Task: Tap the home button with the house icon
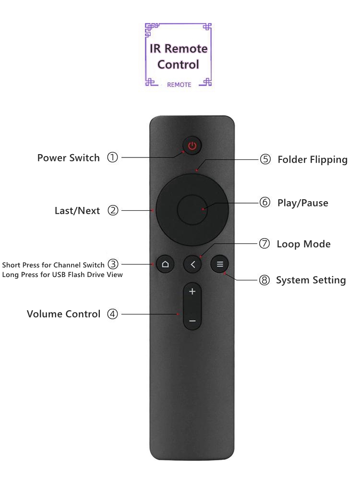tap(166, 264)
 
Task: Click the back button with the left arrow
tap(192, 264)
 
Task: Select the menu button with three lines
tap(220, 264)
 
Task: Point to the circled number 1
tap(112, 158)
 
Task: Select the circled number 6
tap(265, 203)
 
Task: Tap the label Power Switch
tap(69, 158)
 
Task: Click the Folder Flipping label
tap(312, 160)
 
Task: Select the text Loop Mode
tap(303, 244)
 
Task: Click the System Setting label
tap(311, 280)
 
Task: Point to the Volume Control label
tap(63, 314)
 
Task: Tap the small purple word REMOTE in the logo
tap(179, 85)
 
